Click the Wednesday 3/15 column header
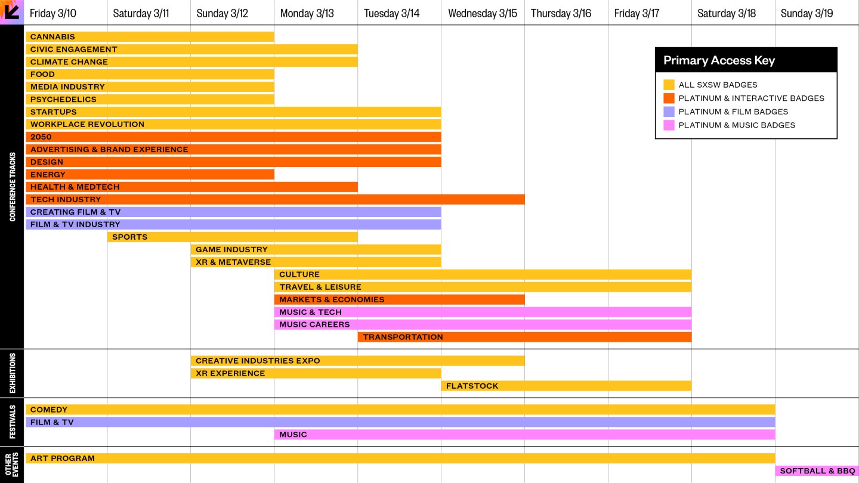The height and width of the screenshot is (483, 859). point(483,13)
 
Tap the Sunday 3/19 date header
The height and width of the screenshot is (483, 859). point(807,13)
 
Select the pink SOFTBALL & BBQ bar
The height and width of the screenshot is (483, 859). point(817,471)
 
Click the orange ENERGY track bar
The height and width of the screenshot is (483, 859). point(150,175)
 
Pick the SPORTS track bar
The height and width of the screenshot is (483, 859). point(233,237)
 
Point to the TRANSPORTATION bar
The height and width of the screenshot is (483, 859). point(524,338)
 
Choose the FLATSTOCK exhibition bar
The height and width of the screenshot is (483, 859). point(566,386)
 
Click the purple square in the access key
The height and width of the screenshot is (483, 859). point(669,112)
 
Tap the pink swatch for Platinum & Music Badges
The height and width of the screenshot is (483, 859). point(669,125)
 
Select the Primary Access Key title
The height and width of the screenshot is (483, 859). point(719,60)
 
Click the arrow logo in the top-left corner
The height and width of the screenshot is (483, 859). point(12,12)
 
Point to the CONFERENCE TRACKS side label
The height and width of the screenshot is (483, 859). point(12,187)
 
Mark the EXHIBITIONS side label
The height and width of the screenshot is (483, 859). point(12,373)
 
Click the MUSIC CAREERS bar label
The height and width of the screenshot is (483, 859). point(314,325)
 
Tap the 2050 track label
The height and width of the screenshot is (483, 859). point(41,137)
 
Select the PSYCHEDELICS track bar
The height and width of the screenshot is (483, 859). point(150,100)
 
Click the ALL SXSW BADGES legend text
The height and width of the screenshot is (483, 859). point(718,85)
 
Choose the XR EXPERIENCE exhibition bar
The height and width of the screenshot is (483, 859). point(316,374)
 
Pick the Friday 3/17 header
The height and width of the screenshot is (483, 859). point(636,13)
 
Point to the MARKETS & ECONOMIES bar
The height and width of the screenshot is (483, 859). point(399,300)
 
